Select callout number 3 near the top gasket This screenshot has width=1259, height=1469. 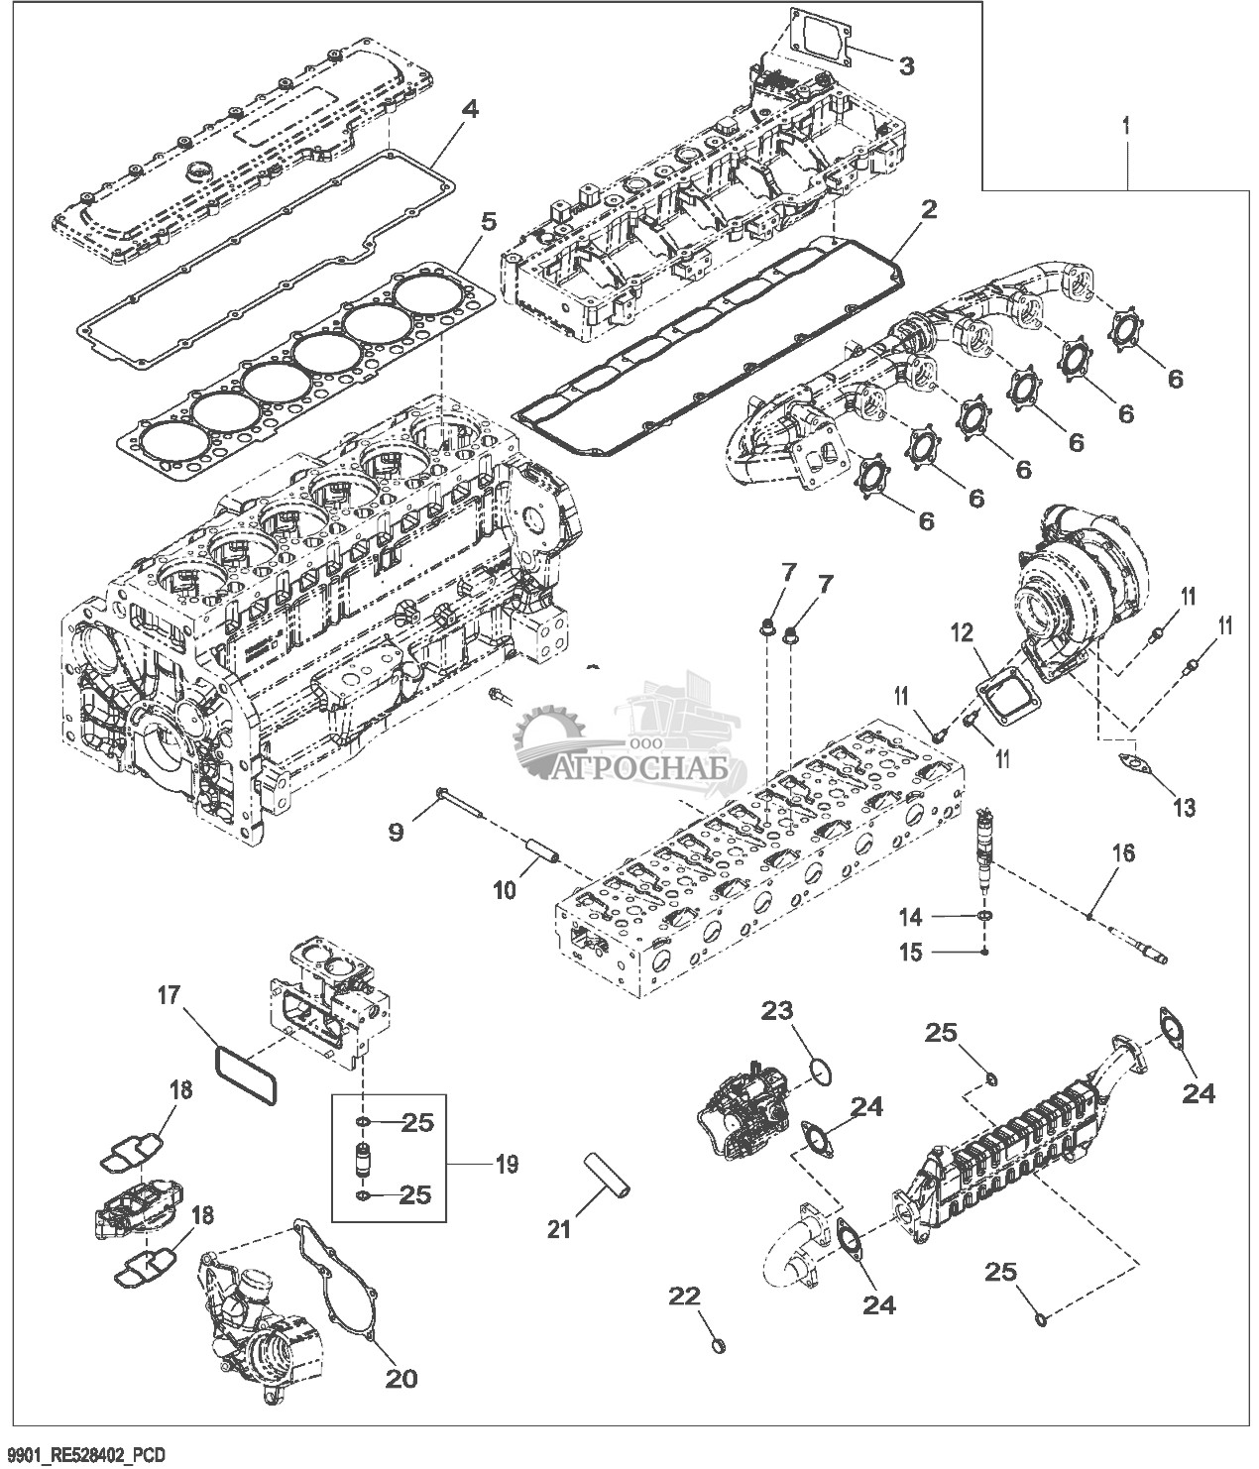905,66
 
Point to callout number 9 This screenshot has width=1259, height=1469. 395,831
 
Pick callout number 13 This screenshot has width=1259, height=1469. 1184,807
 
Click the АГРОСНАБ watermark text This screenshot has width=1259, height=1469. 639,769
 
